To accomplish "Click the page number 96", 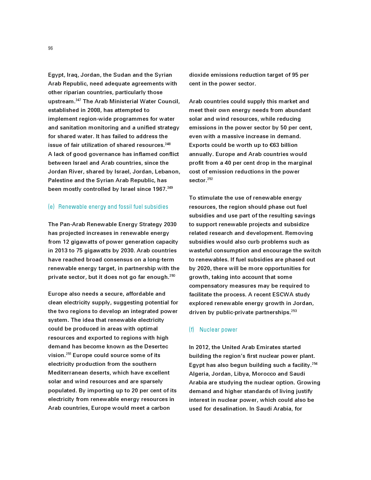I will point(50,48).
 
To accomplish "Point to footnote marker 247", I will point(78,100).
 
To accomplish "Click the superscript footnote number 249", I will point(170,188).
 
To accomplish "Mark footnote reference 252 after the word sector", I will point(210,179).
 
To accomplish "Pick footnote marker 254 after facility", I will point(315,364).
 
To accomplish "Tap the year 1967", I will point(159,189).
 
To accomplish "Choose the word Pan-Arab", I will point(72,224).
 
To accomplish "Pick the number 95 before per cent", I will point(295,75).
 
